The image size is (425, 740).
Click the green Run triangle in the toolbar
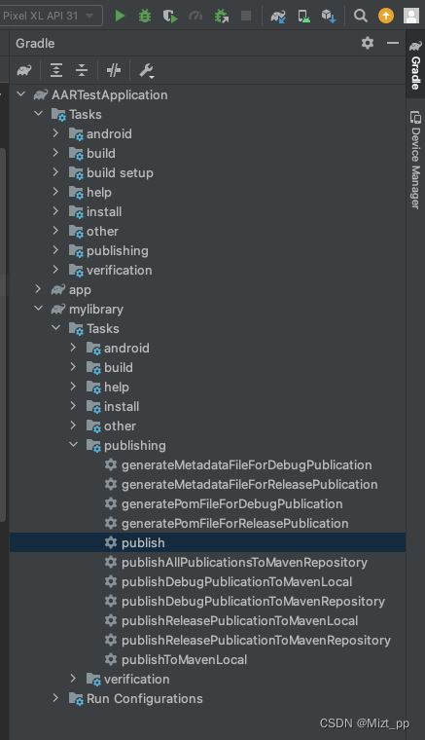coord(120,16)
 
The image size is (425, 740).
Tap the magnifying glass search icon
coord(361,16)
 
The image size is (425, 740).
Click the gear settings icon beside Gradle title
coord(368,43)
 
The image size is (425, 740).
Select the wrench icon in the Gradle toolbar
coord(146,71)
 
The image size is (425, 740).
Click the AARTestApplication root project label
coord(109,94)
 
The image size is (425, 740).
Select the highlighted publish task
coord(143,542)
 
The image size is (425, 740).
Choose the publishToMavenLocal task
coord(184,659)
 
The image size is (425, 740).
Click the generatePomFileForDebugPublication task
coord(231,503)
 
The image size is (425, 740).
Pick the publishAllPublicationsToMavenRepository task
coord(244,562)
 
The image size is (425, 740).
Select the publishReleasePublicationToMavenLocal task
coord(239,620)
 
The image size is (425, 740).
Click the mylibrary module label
coord(96,309)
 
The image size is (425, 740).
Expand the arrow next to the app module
coord(38,289)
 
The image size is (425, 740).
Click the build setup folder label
coord(120,172)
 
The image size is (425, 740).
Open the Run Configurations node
coord(145,698)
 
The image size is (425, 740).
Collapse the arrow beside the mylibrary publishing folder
coord(73,445)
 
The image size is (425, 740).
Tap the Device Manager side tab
coord(415,161)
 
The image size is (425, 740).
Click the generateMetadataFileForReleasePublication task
coord(249,484)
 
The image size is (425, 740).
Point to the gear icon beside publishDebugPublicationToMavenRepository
coord(111,601)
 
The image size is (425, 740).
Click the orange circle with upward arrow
coord(386,16)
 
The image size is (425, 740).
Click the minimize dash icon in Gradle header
coord(393,43)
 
